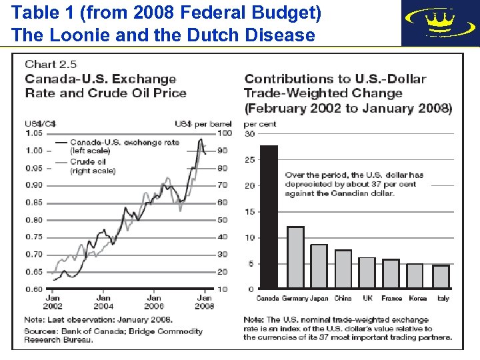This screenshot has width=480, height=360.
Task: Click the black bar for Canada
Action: pyautogui.click(x=269, y=217)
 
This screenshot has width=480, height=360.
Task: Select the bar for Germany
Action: pyautogui.click(x=295, y=257)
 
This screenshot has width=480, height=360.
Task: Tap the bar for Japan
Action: pyautogui.click(x=319, y=266)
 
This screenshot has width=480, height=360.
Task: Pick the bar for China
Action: pyautogui.click(x=343, y=269)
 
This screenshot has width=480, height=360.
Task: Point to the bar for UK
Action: pyautogui.click(x=367, y=273)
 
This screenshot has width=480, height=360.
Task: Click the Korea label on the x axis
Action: pyautogui.click(x=417, y=298)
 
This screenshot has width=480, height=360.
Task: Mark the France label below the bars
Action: pyautogui.click(x=392, y=298)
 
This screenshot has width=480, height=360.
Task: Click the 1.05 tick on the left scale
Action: pyautogui.click(x=33, y=133)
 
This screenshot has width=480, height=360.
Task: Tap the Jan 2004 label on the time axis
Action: pyautogui.click(x=103, y=302)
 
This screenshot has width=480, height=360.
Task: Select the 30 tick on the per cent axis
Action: pyautogui.click(x=249, y=134)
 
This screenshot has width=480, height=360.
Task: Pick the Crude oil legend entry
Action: pyautogui.click(x=93, y=167)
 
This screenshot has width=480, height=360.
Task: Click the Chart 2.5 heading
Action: pyautogui.click(x=51, y=65)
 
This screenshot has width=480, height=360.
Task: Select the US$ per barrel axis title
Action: pyautogui.click(x=203, y=124)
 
